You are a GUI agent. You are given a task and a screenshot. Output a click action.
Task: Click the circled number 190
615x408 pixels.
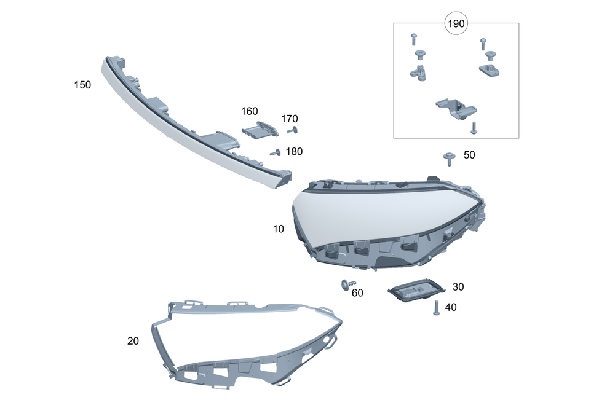click(456, 23)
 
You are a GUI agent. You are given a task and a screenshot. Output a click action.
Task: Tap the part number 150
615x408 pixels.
click(82, 85)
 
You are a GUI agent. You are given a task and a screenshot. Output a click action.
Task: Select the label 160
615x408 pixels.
click(250, 111)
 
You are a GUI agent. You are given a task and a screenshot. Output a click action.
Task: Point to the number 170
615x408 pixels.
click(290, 119)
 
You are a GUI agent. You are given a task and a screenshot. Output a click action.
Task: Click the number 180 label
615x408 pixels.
click(294, 151)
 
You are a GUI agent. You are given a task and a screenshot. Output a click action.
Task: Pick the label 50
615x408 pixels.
click(469, 155)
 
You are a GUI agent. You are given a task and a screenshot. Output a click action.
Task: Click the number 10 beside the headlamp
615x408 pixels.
click(279, 229)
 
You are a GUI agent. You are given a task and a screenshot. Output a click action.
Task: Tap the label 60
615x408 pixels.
click(357, 292)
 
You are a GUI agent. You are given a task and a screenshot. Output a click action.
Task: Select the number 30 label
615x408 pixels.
click(458, 287)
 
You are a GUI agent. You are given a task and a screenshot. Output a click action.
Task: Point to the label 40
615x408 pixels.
click(451, 307)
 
